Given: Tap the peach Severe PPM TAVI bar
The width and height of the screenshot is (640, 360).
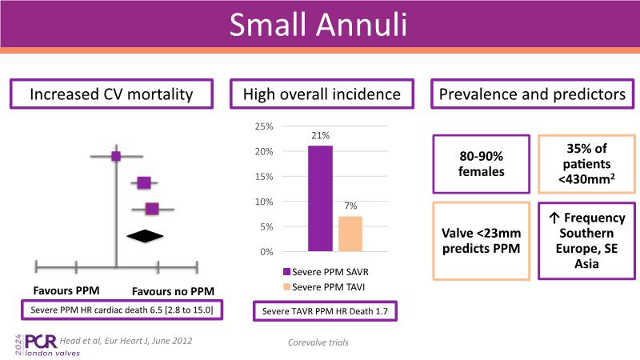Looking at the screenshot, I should pos(350,234).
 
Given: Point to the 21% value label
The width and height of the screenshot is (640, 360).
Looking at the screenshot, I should pos(320,137).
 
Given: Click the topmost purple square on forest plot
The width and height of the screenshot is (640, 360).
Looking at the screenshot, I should pos(116,156).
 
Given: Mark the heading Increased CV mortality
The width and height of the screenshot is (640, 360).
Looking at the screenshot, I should pos(111,95).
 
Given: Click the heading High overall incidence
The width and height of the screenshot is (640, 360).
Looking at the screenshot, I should pos(322,95).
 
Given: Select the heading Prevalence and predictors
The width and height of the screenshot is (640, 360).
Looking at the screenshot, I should pos(531,95).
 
